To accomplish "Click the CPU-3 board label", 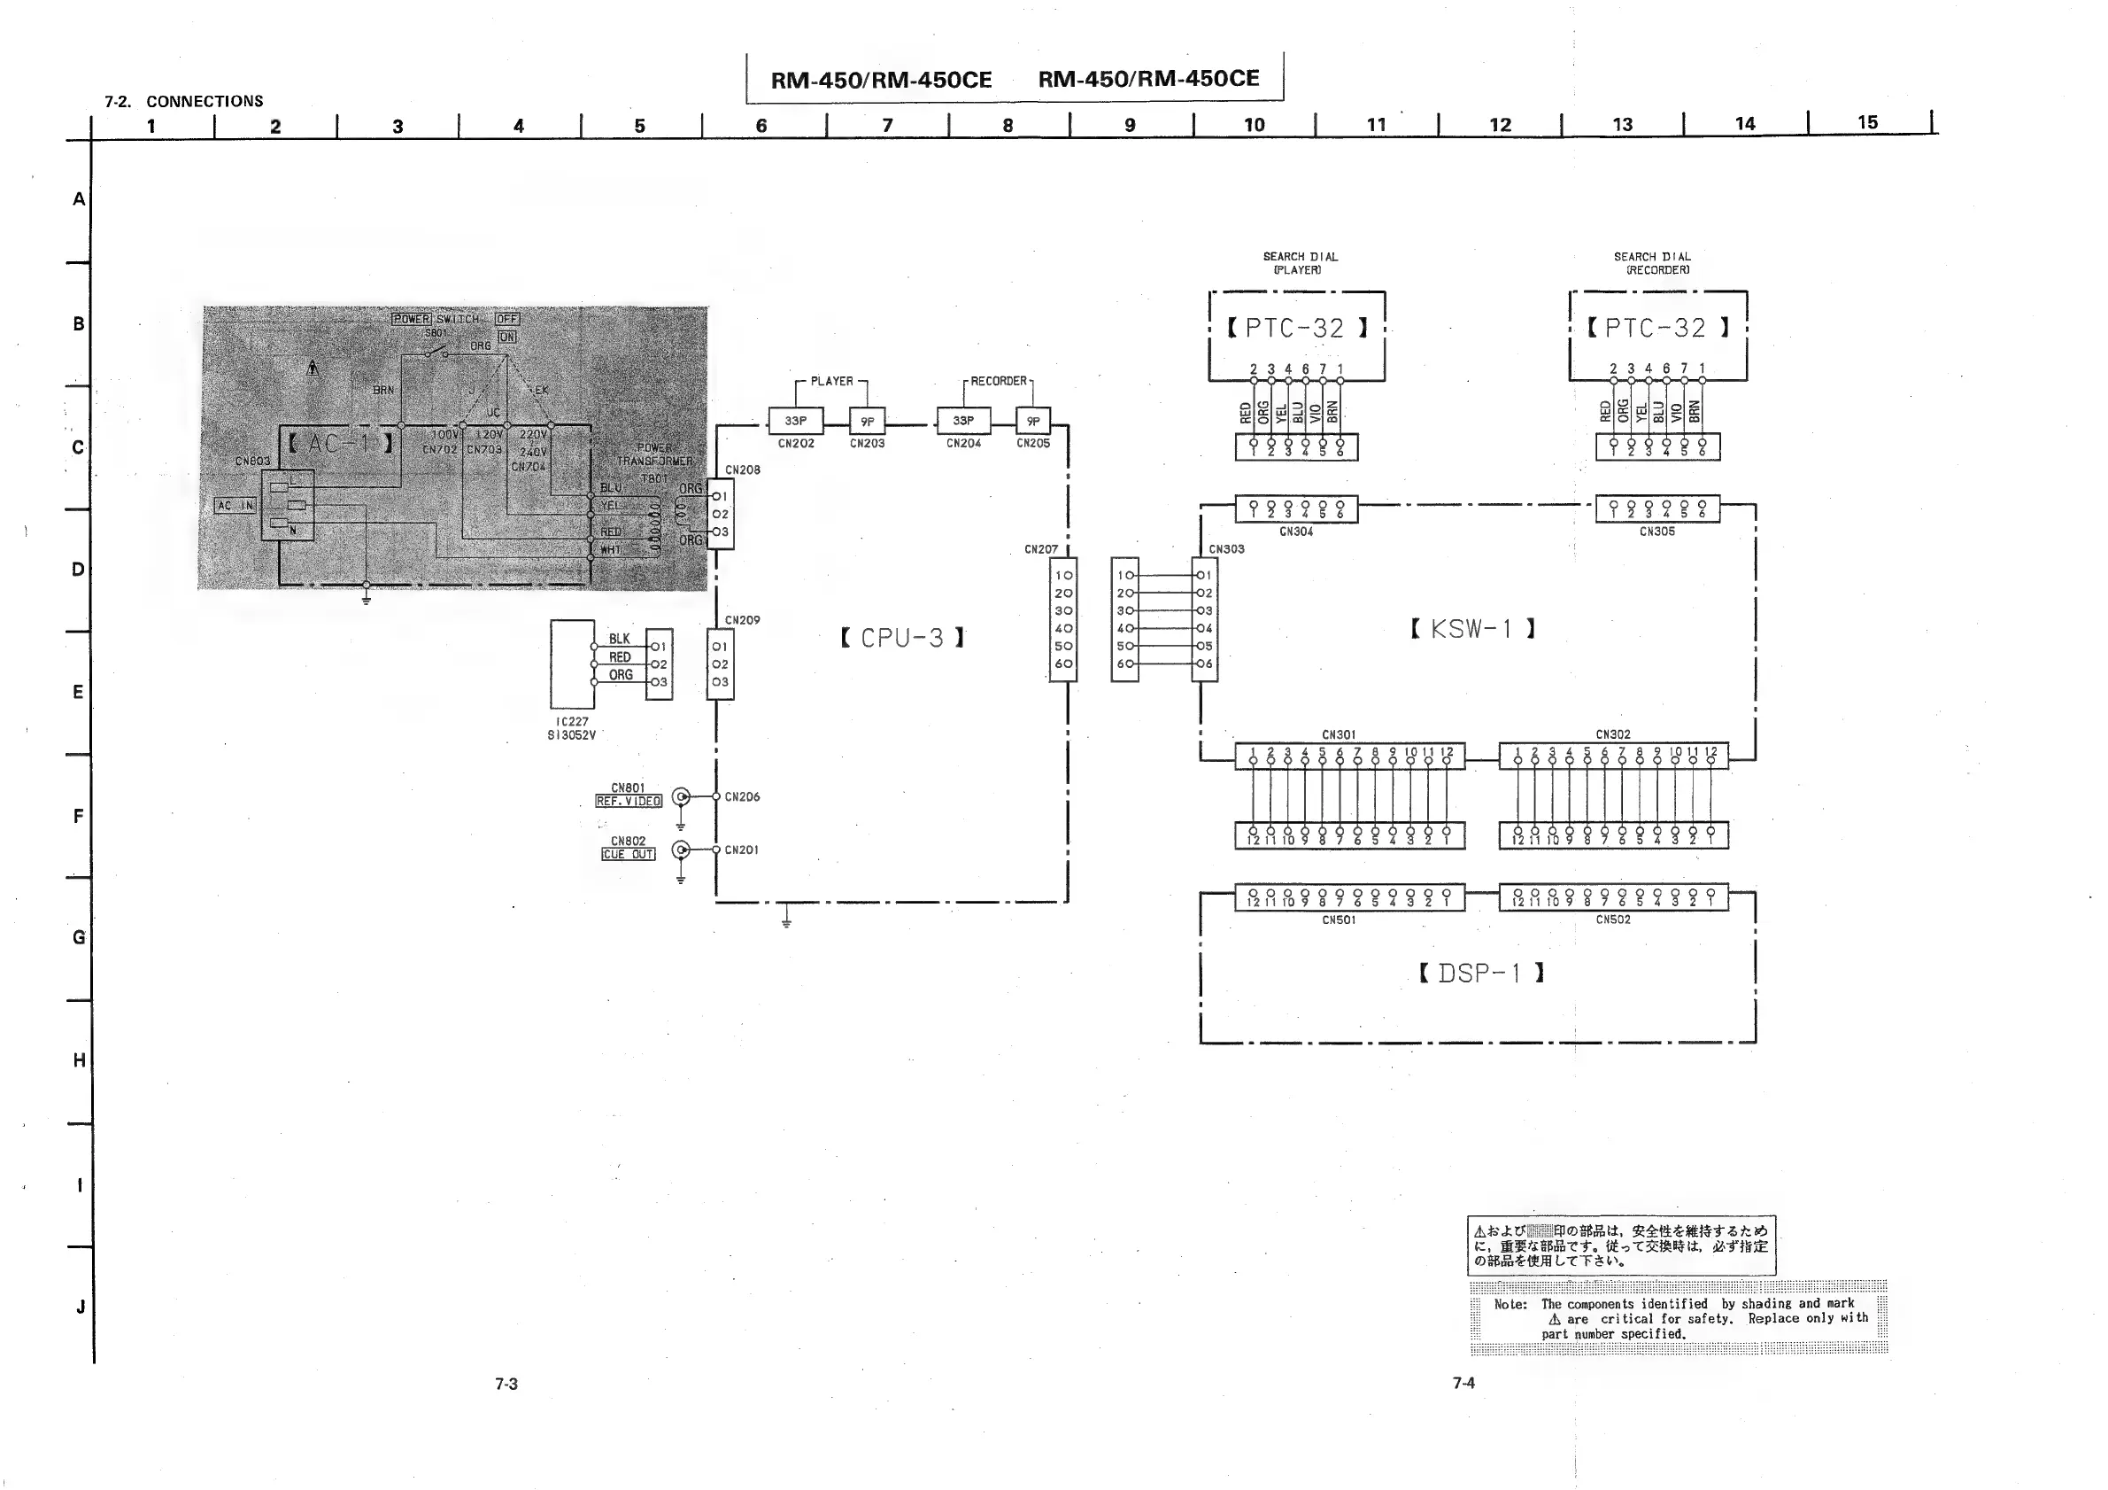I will [x=902, y=638].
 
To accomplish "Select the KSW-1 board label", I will [x=1471, y=629].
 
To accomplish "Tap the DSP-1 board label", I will [x=1480, y=973].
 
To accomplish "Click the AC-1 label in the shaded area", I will [x=340, y=444].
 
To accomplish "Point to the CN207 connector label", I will [x=1041, y=549].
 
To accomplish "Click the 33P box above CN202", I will [x=795, y=421].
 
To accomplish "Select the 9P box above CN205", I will [x=1033, y=421].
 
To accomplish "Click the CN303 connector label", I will [x=1226, y=549].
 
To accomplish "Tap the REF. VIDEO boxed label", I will [x=628, y=801].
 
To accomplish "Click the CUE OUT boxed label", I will [x=628, y=854].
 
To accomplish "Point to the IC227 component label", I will [x=572, y=722].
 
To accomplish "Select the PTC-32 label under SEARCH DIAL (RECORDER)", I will [x=1656, y=328].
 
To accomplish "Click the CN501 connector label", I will [x=1339, y=920].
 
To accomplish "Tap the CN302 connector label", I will [x=1613, y=734].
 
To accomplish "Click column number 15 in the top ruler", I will [x=1867, y=122].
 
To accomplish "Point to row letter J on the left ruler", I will [x=80, y=1307].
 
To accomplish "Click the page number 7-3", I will [x=506, y=1384].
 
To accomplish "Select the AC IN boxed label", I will [x=235, y=505].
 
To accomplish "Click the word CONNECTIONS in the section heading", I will [x=205, y=101].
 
